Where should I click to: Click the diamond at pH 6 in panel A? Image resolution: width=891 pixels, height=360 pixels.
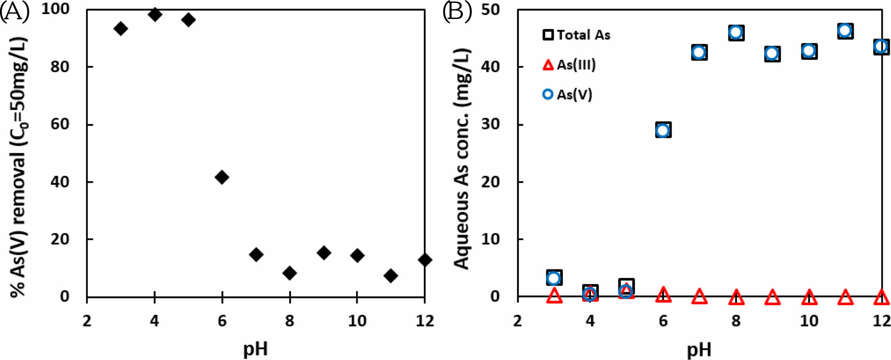pos(222,177)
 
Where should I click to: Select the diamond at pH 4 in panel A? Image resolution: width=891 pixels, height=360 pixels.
pos(155,15)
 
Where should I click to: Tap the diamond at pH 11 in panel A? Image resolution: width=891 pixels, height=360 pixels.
pos(391,276)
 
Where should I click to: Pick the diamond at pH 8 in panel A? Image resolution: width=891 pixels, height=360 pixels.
pos(289,273)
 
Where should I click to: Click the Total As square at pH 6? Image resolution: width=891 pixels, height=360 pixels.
pos(663,130)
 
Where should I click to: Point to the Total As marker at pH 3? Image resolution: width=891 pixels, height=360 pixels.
pos(554,278)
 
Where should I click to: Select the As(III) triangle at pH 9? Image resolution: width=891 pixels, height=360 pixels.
pos(772,297)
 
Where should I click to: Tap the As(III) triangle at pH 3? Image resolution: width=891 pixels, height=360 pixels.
pos(554,296)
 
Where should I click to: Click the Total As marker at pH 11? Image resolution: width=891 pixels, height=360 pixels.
pos(845,31)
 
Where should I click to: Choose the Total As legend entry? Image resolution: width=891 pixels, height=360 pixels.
pos(577,35)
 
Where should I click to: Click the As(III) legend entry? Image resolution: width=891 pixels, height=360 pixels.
pos(569,65)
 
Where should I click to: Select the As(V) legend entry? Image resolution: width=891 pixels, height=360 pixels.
pos(568,95)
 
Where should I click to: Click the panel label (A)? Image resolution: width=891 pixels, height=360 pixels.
pos(15,11)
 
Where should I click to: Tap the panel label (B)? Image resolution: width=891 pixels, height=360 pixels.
pos(457,11)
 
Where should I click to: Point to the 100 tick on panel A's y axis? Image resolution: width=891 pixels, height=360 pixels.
pos(55,9)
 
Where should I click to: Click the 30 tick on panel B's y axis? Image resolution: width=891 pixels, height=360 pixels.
pos(490,124)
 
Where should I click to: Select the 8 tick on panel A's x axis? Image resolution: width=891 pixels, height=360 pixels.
pos(289,321)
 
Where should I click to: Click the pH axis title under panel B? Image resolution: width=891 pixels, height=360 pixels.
pos(699,349)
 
